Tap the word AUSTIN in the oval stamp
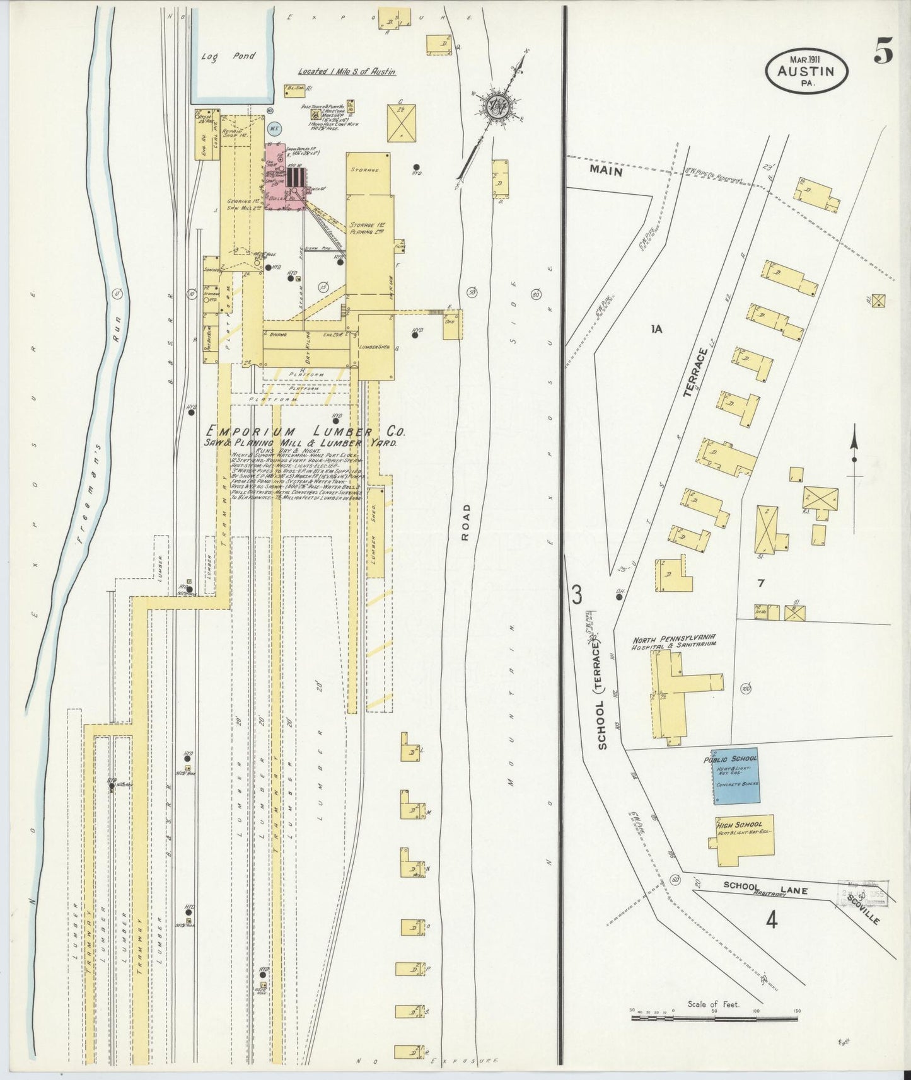click(x=806, y=71)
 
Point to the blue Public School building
click(x=736, y=776)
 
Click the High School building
click(x=744, y=841)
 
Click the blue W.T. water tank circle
click(x=274, y=129)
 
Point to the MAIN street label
click(x=606, y=171)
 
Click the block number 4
click(x=771, y=921)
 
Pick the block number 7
click(x=761, y=583)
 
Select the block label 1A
click(x=657, y=328)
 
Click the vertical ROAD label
click(x=466, y=522)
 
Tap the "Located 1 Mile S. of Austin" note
click(x=347, y=72)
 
